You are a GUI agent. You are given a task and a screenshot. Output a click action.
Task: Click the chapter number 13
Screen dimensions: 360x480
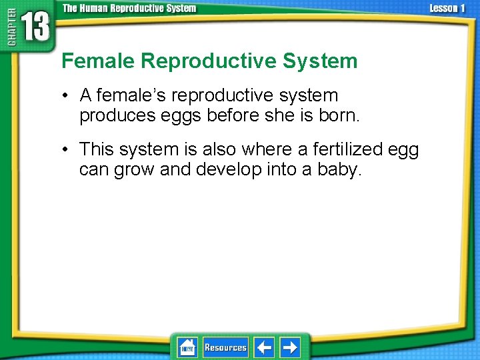pos(34,27)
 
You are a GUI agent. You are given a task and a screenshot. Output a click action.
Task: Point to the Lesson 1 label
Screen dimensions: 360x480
pos(447,9)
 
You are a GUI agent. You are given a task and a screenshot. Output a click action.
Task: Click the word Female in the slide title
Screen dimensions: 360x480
pos(99,61)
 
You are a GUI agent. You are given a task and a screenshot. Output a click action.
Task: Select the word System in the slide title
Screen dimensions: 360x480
pos(320,61)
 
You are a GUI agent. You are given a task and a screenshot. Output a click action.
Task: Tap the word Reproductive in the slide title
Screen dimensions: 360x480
pos(209,61)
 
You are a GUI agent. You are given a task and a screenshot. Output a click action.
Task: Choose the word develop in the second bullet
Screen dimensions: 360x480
pos(228,169)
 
